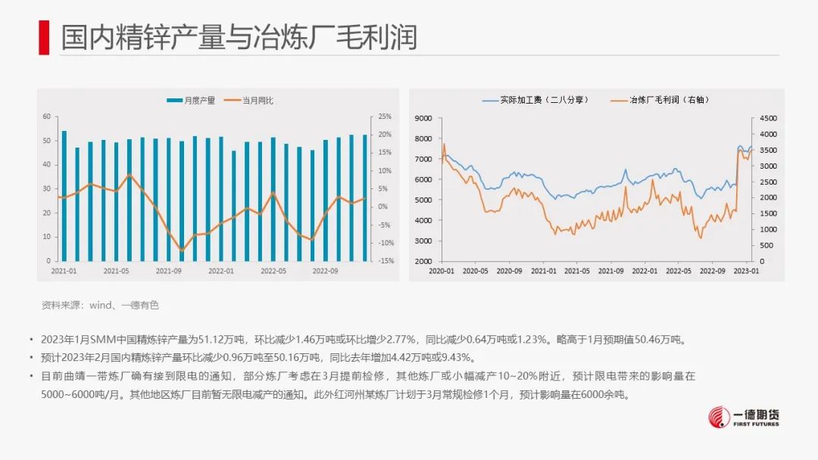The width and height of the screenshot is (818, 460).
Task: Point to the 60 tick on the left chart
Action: [x=46, y=117]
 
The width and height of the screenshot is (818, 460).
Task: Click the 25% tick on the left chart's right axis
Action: [x=385, y=117]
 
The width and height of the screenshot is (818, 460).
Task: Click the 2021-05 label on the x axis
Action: [x=116, y=270]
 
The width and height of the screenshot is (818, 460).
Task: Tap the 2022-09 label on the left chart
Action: [x=325, y=270]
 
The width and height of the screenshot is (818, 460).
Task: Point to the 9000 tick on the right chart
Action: [x=423, y=118]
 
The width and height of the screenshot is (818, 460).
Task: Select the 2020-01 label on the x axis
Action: [x=442, y=270]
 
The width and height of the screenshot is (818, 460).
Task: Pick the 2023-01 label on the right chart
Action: [x=748, y=270]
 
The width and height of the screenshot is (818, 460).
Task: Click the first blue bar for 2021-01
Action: [x=64, y=196]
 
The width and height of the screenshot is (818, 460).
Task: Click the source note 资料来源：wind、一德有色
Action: [x=100, y=306]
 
